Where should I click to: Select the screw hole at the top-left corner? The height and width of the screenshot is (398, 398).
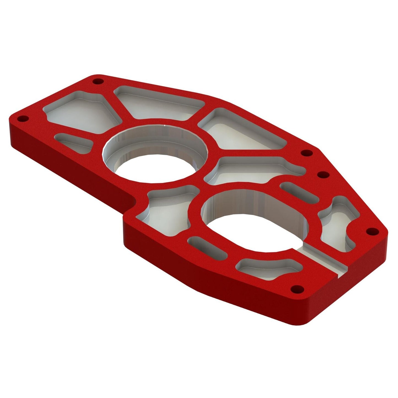click(97, 82)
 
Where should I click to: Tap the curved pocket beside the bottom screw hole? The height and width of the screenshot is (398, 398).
click(264, 269)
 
